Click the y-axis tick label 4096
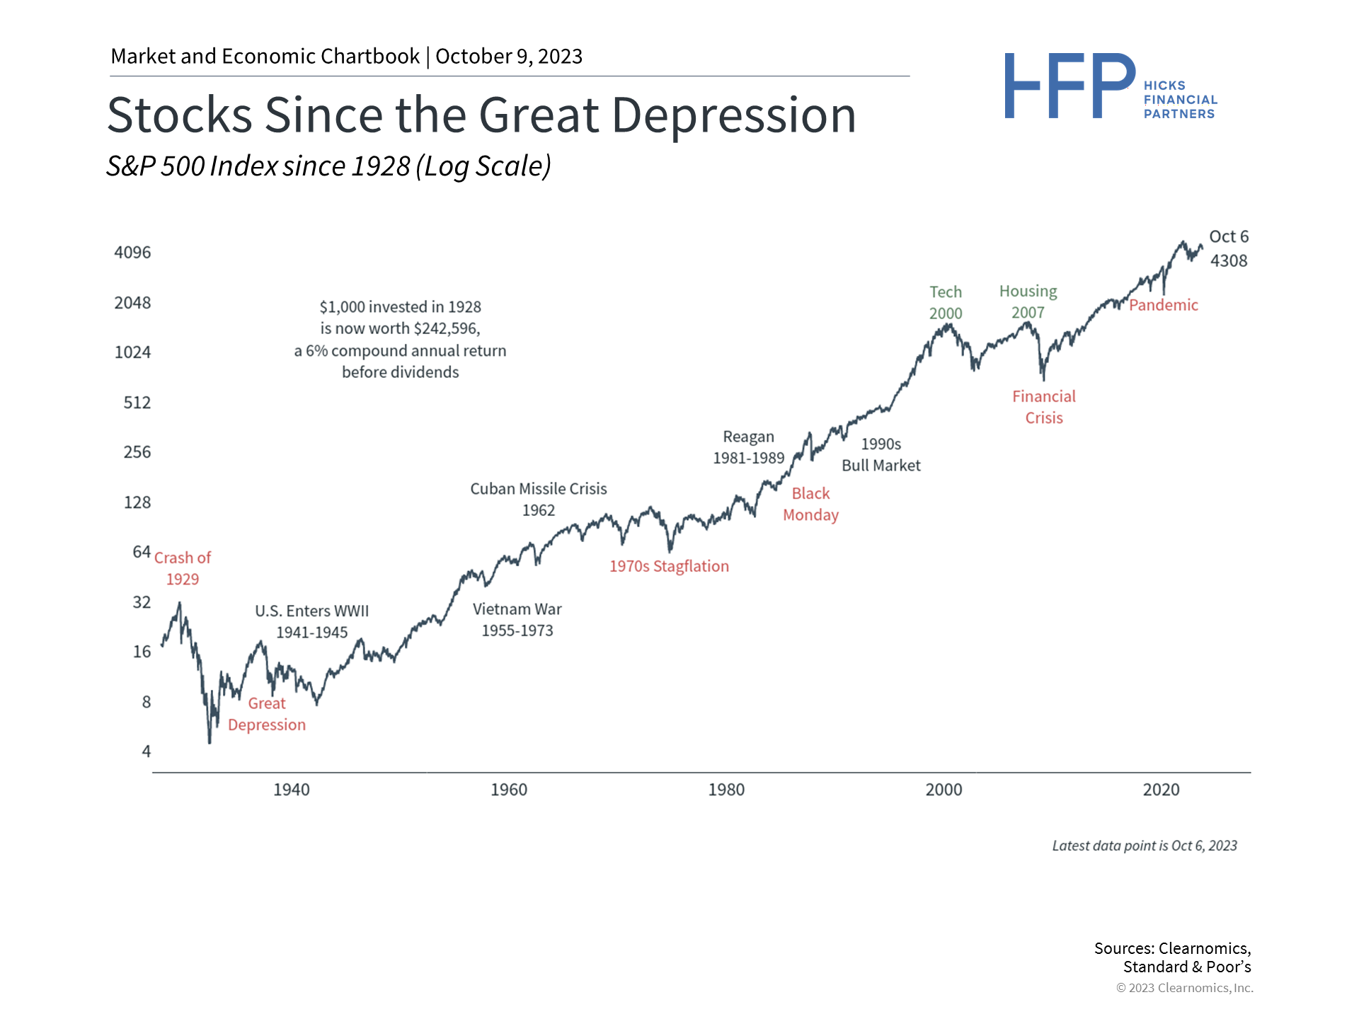[x=132, y=253]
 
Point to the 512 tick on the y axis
[x=137, y=403]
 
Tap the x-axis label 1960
[x=509, y=790]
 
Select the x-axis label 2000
[x=944, y=790]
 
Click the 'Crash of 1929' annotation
[x=183, y=568]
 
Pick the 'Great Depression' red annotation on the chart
[x=267, y=714]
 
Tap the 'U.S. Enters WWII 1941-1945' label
[x=312, y=621]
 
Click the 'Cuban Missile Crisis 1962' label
[x=539, y=500]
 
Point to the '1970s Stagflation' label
[x=669, y=566]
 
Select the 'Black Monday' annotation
[x=810, y=504]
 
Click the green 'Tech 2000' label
[x=946, y=302]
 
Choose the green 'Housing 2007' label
[x=1028, y=301]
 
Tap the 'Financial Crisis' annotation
[x=1044, y=407]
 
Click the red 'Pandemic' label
[x=1164, y=305]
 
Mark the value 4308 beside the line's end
[x=1229, y=261]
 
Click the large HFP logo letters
[x=1070, y=86]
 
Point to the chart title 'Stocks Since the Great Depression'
[x=481, y=115]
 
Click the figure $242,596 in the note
[x=447, y=328]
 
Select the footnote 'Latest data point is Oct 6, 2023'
[x=1145, y=846]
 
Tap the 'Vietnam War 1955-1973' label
[x=517, y=620]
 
